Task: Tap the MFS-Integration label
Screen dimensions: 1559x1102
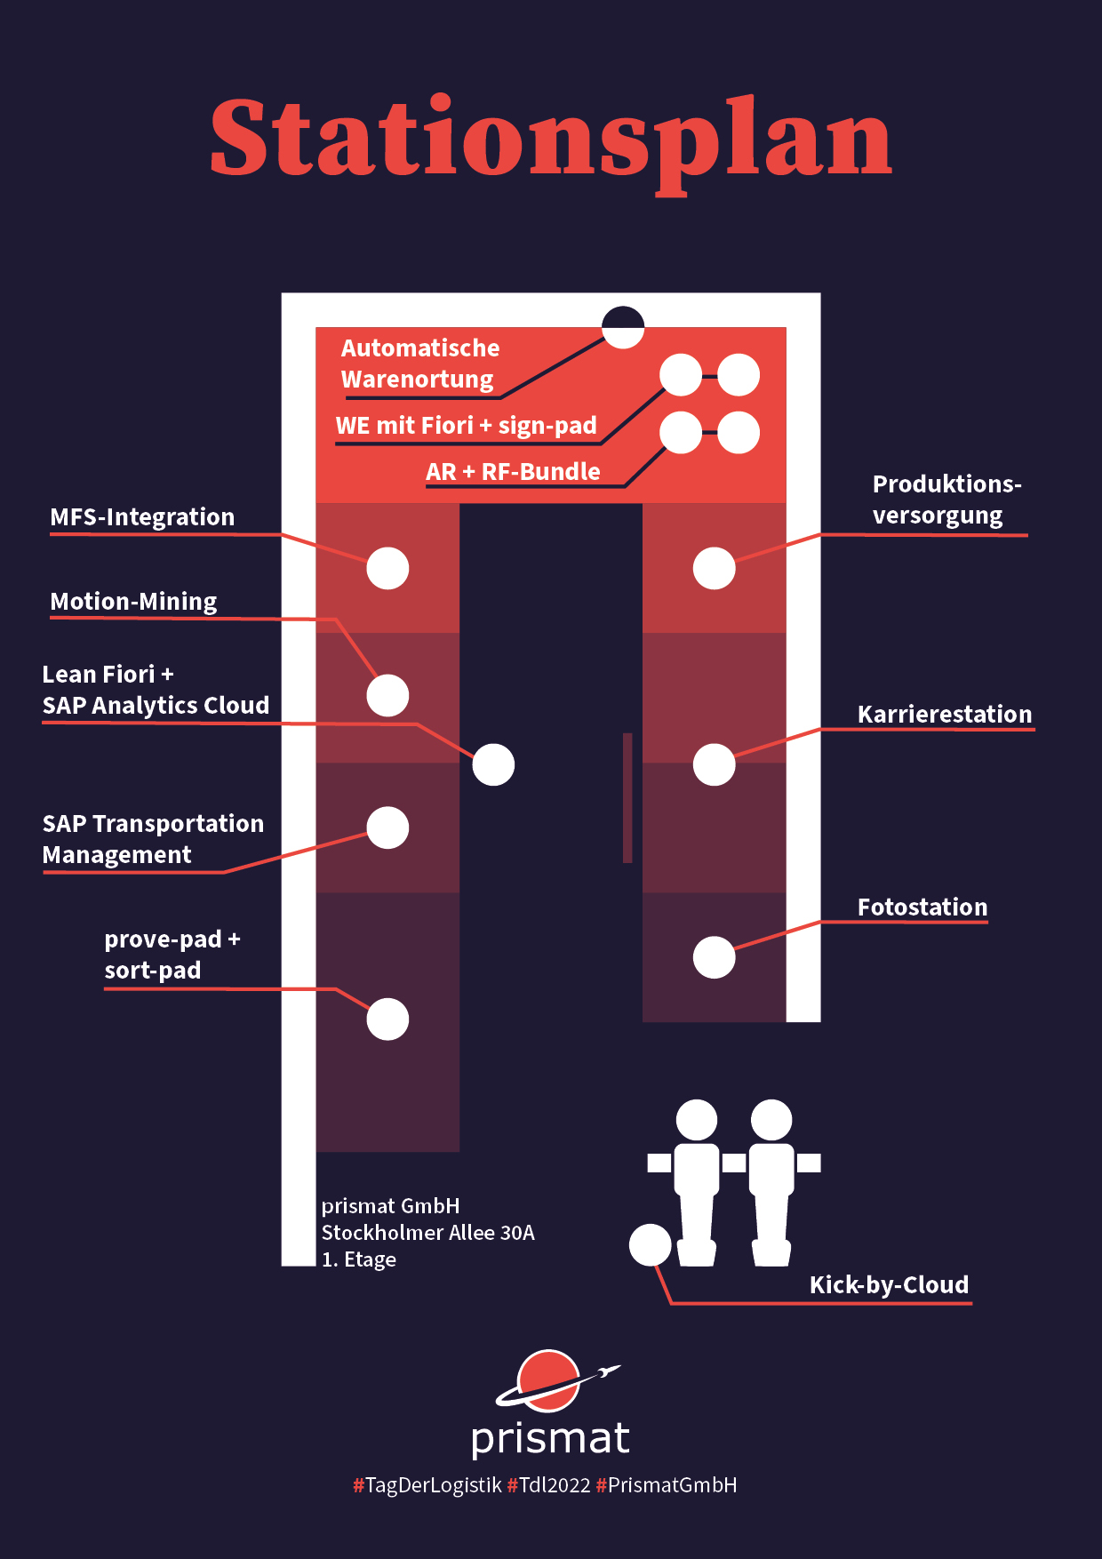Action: (x=142, y=517)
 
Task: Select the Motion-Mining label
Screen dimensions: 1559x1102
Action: (x=133, y=602)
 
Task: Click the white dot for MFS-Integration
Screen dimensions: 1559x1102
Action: (x=387, y=568)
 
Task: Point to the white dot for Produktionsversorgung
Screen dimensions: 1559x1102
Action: (x=714, y=568)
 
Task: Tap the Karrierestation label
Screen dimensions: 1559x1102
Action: (x=944, y=715)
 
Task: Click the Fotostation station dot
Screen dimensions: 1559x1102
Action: (x=714, y=957)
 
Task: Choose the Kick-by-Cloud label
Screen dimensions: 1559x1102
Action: (x=889, y=1285)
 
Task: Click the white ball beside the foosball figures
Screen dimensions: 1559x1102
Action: (x=650, y=1245)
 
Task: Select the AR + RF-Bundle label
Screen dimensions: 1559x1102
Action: (x=513, y=472)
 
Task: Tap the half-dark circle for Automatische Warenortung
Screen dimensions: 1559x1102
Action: (x=622, y=327)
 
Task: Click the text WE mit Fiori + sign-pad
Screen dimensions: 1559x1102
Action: (x=466, y=426)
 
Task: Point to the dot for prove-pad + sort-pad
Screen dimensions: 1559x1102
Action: (x=387, y=1019)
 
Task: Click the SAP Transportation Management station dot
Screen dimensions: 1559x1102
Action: (x=387, y=827)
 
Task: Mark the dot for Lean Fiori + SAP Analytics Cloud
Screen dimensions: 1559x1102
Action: (x=493, y=764)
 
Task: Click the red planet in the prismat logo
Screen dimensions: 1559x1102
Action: (x=547, y=1380)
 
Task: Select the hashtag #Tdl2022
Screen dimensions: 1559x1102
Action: (x=548, y=1485)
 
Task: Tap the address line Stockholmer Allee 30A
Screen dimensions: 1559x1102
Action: (x=427, y=1233)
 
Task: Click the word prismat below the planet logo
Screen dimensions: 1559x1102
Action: (x=550, y=1439)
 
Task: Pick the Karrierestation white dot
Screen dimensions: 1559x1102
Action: (x=714, y=764)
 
